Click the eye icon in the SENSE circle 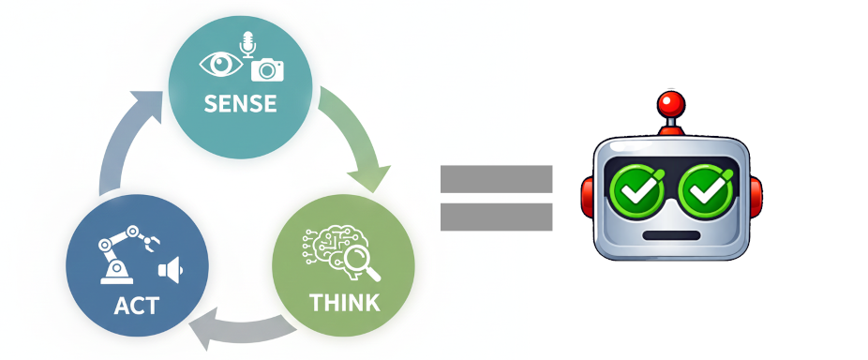(222, 63)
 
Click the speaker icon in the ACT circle (170, 271)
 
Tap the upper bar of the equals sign (496, 176)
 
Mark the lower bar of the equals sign (496, 217)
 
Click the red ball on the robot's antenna (668, 102)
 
